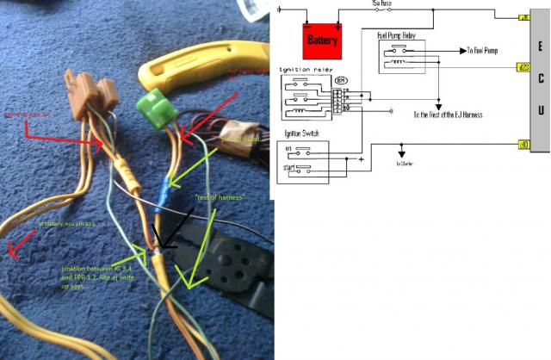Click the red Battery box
click(323, 38)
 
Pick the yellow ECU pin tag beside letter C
click(523, 66)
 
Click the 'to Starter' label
click(405, 162)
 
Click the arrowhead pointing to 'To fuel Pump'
click(461, 52)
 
